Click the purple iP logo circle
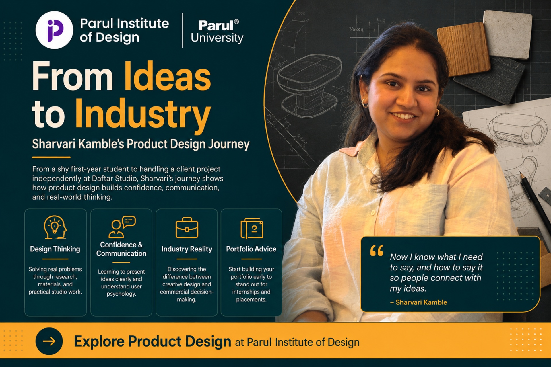point(54,30)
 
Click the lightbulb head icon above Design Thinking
point(55,227)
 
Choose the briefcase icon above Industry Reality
point(187,228)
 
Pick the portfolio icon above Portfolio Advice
point(252,229)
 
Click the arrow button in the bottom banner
point(49,341)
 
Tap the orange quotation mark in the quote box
point(377,250)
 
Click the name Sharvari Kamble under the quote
point(421,302)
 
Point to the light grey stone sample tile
point(507,34)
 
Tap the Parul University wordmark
point(217,31)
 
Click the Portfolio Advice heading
point(251,249)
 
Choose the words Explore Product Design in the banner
point(152,341)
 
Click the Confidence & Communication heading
point(121,249)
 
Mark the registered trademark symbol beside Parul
point(236,22)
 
